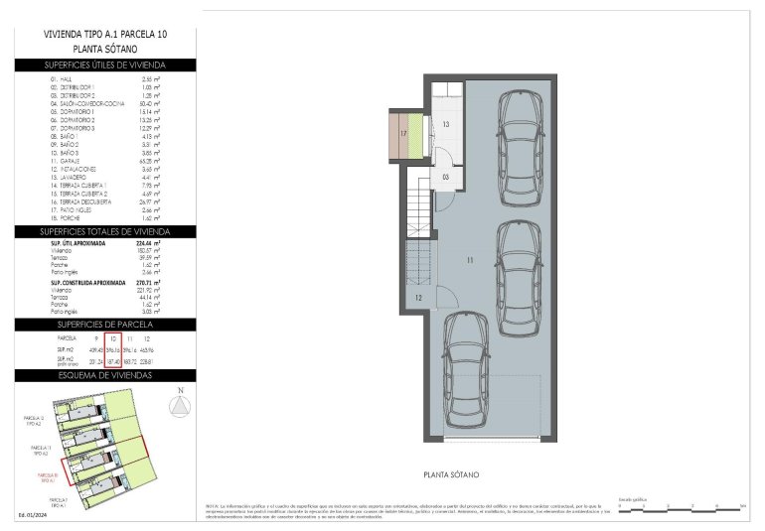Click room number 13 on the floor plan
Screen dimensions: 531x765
446,125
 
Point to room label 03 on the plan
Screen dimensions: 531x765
446,177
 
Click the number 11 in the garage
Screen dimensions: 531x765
466,260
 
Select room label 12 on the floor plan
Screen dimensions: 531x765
418,298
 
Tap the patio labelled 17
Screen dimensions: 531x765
404,132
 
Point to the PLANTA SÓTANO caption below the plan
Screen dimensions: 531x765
453,475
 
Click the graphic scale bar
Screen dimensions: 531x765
680,507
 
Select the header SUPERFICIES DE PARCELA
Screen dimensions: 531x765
98,325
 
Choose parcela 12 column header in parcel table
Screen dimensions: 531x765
146,339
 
